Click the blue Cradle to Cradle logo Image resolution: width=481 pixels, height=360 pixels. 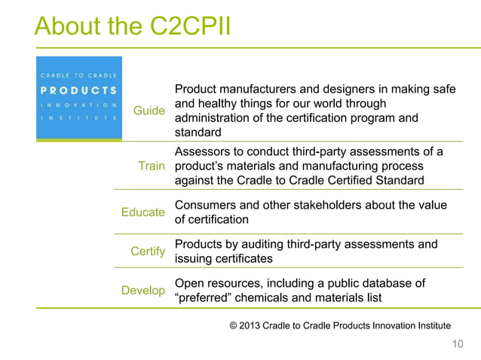pyautogui.click(x=78, y=97)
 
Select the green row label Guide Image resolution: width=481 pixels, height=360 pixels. pyautogui.click(x=149, y=111)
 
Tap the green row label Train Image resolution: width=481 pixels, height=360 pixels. pyautogui.click(x=151, y=166)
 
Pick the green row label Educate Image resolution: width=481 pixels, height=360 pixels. pyautogui.click(x=142, y=212)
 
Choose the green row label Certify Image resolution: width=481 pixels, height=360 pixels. pyautogui.click(x=148, y=252)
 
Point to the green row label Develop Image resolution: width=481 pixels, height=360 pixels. pyautogui.click(x=142, y=290)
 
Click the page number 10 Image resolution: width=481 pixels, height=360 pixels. pyautogui.click(x=457, y=344)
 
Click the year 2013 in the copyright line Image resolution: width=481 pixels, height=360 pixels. pyautogui.click(x=257, y=325)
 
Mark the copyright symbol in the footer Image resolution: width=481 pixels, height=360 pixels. pyautogui.click(x=234, y=325)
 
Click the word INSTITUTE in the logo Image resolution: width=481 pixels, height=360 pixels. pyautogui.click(x=78, y=118)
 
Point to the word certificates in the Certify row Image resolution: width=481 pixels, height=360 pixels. pyautogui.click(x=245, y=258)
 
